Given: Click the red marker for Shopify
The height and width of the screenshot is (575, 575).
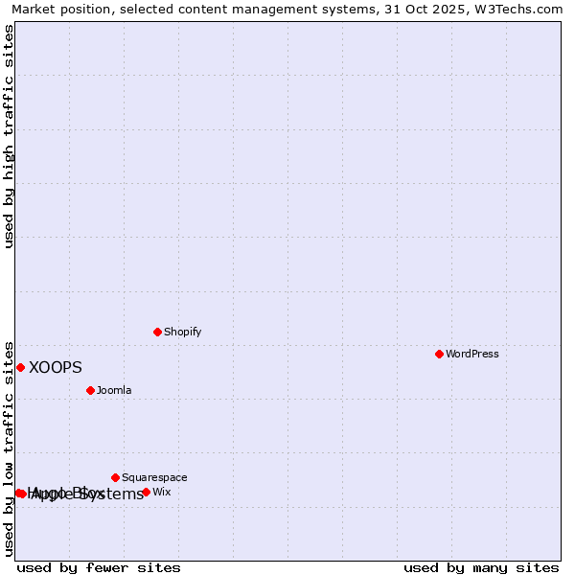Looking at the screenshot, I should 158,332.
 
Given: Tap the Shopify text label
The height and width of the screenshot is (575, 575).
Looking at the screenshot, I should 182,333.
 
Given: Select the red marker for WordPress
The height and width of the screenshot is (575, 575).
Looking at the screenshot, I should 439,354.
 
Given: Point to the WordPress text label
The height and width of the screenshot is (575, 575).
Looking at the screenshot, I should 471,355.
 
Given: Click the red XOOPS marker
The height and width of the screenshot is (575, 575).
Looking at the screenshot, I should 20,367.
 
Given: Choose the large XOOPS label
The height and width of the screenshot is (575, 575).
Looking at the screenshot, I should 56,368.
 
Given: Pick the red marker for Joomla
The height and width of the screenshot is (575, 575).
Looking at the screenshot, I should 91,390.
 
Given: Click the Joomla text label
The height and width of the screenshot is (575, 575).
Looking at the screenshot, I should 114,391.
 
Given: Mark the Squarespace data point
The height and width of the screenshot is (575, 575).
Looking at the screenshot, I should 116,477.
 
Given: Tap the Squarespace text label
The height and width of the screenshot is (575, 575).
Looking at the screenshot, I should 154,478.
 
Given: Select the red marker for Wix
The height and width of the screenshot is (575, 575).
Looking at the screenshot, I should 146,492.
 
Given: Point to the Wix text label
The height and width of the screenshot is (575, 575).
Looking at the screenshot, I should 162,493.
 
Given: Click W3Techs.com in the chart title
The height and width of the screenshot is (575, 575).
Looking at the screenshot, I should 521,10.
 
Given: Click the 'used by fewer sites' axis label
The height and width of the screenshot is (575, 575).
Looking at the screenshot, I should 99,568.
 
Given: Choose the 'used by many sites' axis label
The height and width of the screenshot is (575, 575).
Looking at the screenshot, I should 480,568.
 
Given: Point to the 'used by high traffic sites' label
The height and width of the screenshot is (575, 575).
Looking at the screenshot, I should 10,136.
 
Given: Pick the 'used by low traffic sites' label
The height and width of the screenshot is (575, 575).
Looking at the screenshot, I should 10,448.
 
